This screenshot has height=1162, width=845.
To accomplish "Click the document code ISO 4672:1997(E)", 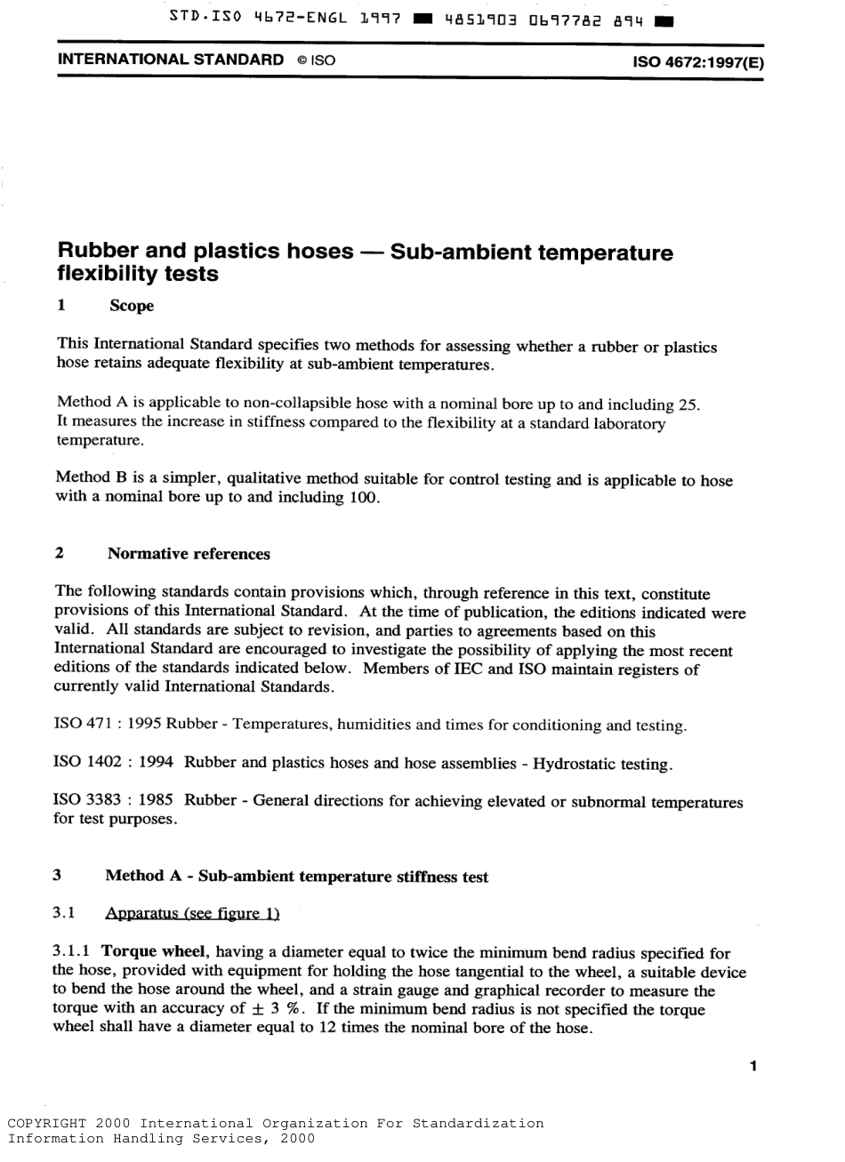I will pos(697,63).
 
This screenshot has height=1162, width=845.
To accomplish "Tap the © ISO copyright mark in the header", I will pos(315,62).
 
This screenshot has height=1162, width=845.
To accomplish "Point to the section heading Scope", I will pos(132,306).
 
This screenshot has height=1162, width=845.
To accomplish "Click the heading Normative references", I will pos(188,554).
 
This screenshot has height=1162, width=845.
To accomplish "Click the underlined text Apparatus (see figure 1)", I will pos(192,913).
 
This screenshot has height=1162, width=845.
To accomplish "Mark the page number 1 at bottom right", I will pos(752,1065).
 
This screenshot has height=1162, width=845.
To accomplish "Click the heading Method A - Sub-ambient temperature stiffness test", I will pos(297,877).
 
